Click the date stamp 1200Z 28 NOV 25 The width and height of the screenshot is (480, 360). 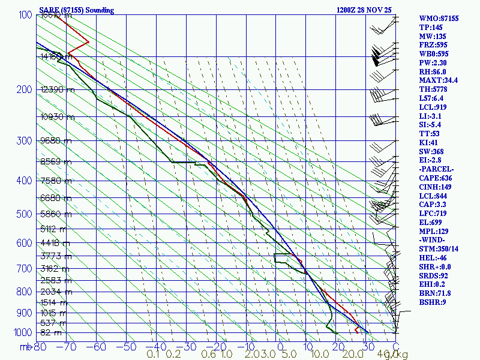click(364, 10)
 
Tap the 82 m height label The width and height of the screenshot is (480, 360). click(51, 332)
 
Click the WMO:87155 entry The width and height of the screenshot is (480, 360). click(439, 19)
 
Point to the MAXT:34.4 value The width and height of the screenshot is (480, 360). click(439, 80)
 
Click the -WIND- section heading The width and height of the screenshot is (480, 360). click(434, 240)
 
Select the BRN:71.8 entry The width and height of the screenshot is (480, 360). click(435, 293)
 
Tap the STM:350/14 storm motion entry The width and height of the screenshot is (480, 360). click(439, 249)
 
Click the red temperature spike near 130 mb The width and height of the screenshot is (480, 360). click(88, 41)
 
